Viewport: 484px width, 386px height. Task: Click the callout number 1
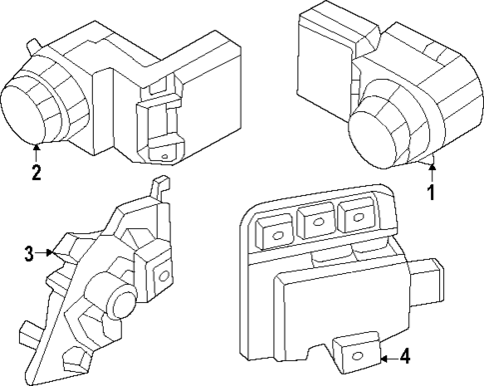[x=431, y=190]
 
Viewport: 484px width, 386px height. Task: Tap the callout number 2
[x=36, y=171]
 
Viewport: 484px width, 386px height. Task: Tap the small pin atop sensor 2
[x=36, y=42]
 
